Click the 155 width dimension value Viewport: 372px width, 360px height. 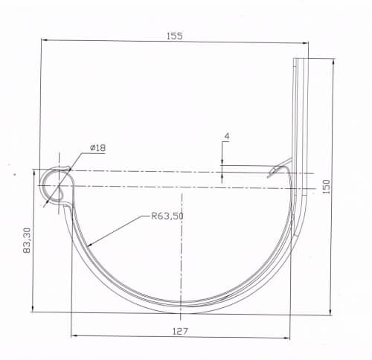click(x=175, y=36)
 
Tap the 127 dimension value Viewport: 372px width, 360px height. click(x=180, y=331)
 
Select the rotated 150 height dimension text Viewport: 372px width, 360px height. click(x=327, y=187)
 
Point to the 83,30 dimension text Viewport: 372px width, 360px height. click(x=27, y=240)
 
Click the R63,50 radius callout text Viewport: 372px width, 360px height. click(x=167, y=216)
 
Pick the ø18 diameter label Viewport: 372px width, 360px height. click(x=98, y=148)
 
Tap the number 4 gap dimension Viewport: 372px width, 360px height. click(x=227, y=136)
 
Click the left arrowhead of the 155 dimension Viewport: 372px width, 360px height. click(x=44, y=39)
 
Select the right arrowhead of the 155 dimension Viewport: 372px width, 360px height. click(x=305, y=43)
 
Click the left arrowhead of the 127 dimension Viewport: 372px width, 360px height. click(x=74, y=335)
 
